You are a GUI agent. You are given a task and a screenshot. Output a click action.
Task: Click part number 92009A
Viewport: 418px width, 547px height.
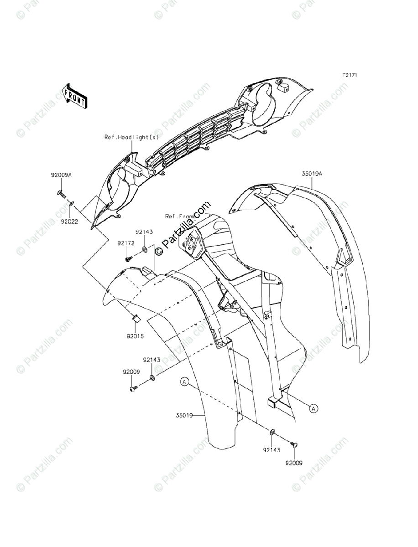pyautogui.click(x=61, y=175)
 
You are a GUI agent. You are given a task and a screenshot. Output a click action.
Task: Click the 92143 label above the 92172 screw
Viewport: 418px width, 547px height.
pyautogui.click(x=143, y=232)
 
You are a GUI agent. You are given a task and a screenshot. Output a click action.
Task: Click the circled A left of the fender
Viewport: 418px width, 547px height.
pyautogui.click(x=184, y=382)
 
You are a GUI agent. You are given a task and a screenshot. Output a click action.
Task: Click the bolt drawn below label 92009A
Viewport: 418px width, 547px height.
pyautogui.click(x=61, y=193)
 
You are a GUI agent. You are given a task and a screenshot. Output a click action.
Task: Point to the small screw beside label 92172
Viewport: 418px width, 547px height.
pyautogui.click(x=128, y=259)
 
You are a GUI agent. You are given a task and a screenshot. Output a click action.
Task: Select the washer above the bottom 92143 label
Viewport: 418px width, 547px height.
pyautogui.click(x=272, y=432)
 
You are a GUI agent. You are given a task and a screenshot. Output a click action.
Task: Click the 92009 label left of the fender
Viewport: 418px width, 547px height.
pyautogui.click(x=131, y=372)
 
